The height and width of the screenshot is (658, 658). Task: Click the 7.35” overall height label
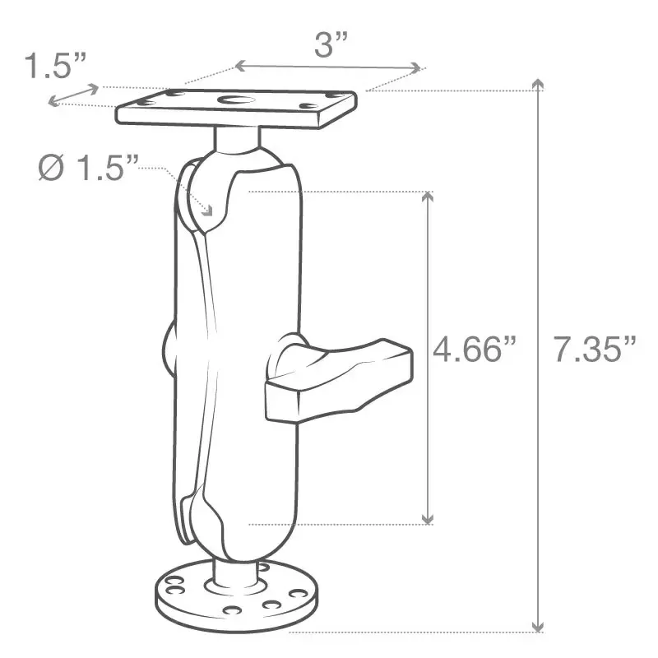coord(594,350)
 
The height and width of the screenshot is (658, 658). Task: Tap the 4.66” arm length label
coord(477,350)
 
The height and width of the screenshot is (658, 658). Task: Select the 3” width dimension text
coord(332,46)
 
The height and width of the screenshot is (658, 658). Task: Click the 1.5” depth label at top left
coord(54,66)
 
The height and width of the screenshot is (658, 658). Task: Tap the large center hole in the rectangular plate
coord(238,103)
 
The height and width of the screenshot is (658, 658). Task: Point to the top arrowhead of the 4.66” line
coord(427,197)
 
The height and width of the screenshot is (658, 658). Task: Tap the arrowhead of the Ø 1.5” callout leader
coord(208,212)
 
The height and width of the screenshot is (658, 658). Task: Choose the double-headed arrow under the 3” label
coord(327,66)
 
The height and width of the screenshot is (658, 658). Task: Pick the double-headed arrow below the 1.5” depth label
coord(73,95)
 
